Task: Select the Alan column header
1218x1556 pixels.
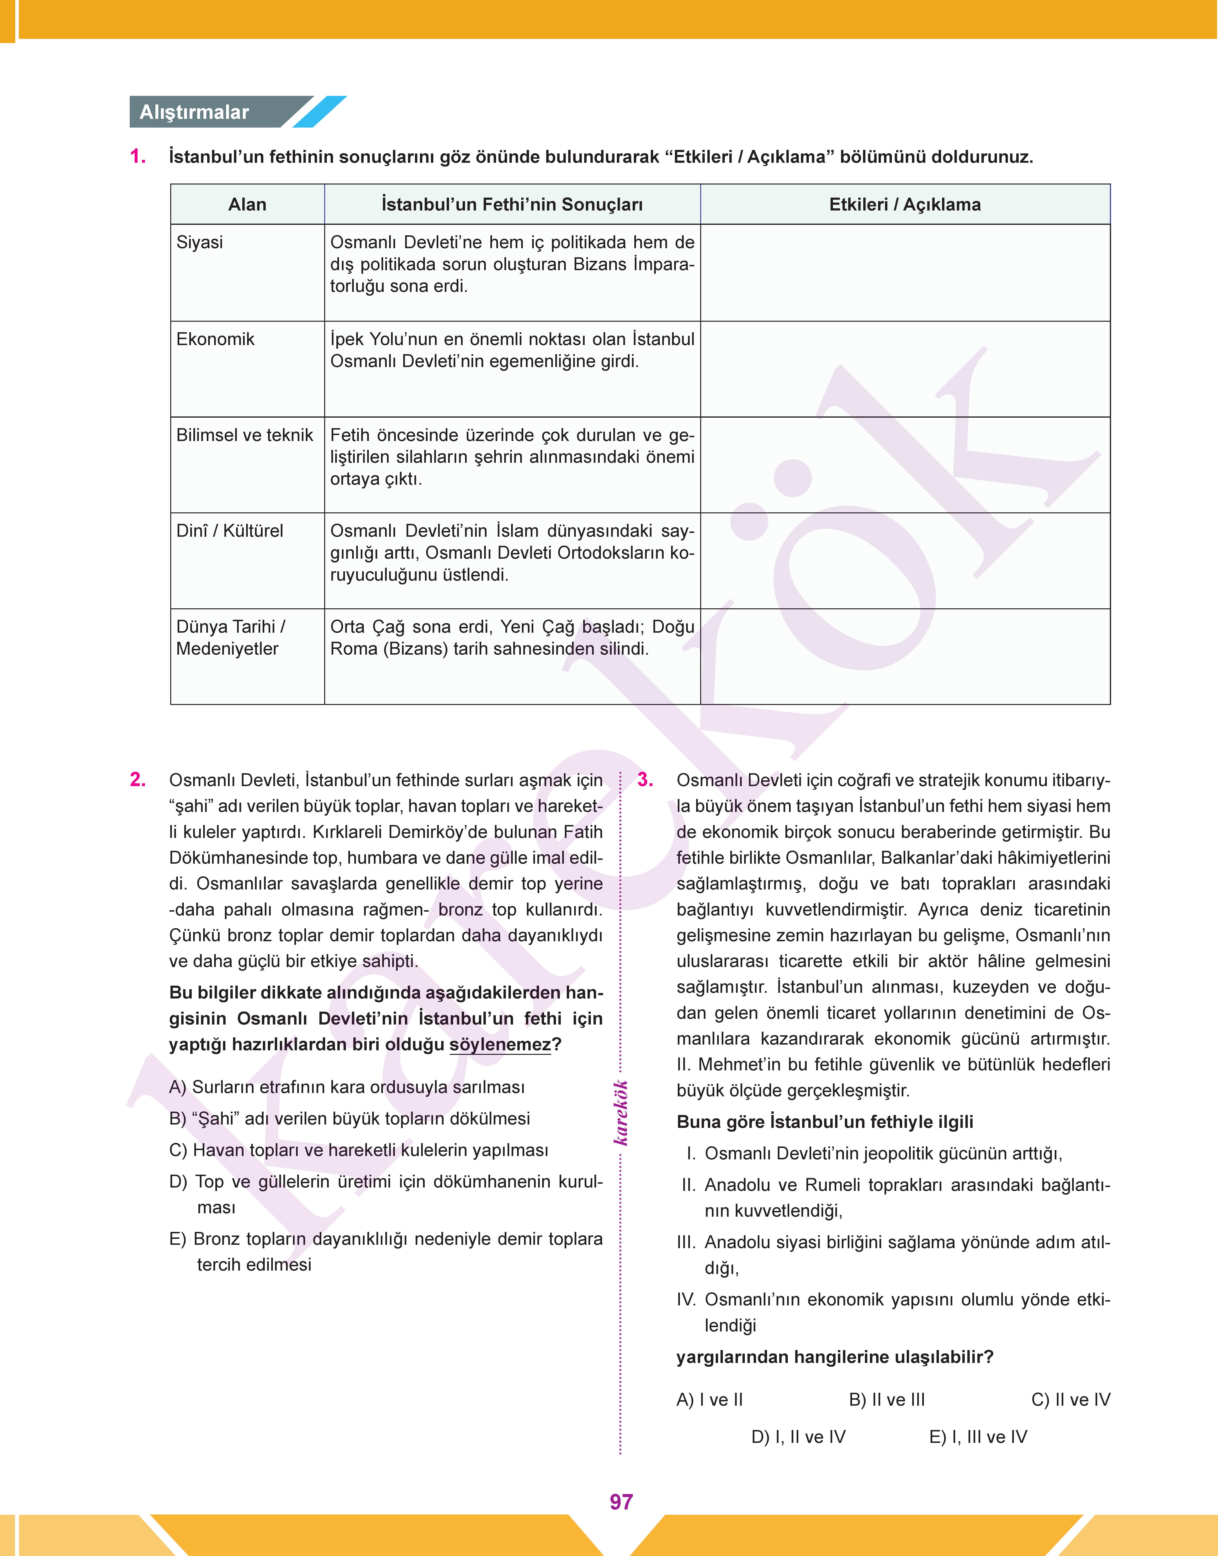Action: coord(247,205)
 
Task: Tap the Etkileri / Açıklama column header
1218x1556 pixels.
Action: coord(904,205)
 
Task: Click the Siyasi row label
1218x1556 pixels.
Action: coord(200,242)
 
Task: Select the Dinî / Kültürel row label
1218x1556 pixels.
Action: coord(230,531)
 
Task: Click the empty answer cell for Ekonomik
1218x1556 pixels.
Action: coord(904,369)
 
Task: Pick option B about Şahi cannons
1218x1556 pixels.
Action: coord(350,1118)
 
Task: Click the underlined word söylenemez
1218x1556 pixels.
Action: coord(500,1045)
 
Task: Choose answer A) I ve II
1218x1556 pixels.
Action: coord(710,1400)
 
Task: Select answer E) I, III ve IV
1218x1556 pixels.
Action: coord(978,1437)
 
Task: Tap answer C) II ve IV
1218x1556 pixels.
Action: coord(1070,1400)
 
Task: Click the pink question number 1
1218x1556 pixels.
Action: coord(138,157)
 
